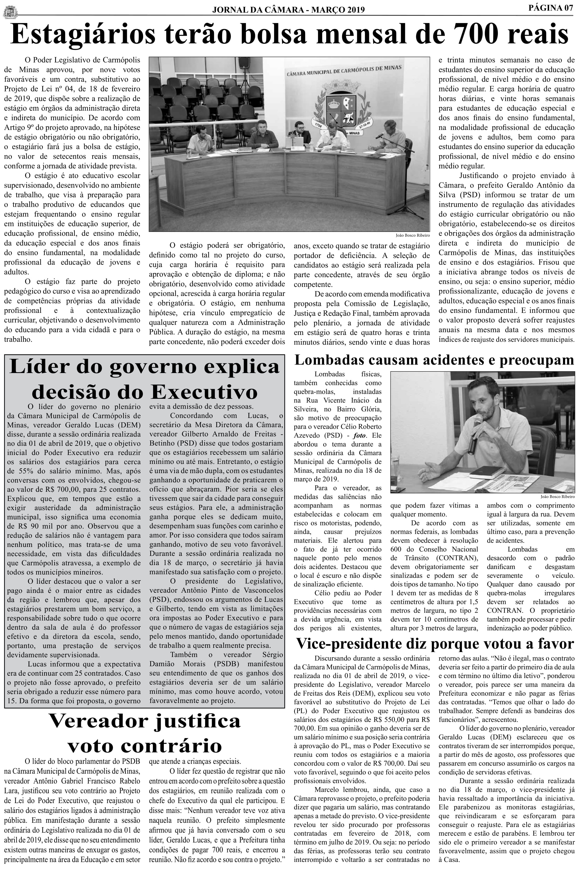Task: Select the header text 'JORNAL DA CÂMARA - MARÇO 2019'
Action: tap(288, 10)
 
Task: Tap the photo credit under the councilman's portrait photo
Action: tap(557, 497)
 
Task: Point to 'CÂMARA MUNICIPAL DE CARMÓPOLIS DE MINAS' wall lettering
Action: tap(343, 70)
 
